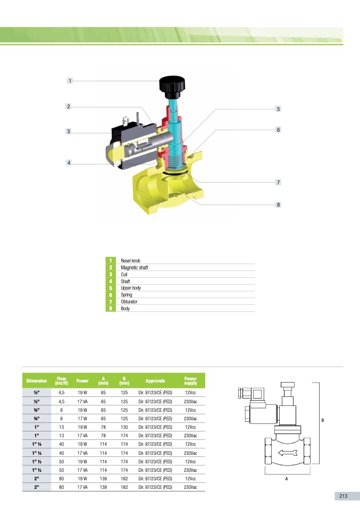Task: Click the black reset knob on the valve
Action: click(x=172, y=87)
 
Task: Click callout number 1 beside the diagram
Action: click(x=70, y=81)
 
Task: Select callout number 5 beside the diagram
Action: click(x=278, y=109)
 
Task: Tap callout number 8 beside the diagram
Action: click(x=278, y=205)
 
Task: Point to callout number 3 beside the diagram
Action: click(x=68, y=131)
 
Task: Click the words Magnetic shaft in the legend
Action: click(x=134, y=267)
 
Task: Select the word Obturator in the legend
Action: click(x=129, y=302)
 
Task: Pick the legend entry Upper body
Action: click(x=131, y=288)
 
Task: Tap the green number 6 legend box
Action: click(x=111, y=295)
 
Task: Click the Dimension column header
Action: click(x=36, y=381)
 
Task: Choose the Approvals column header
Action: click(x=155, y=381)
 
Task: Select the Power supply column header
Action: click(x=190, y=381)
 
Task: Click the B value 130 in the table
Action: click(x=124, y=427)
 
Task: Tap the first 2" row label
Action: click(x=36, y=479)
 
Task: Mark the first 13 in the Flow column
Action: click(x=61, y=427)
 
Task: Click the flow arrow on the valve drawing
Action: click(x=288, y=453)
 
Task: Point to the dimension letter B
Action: click(x=323, y=420)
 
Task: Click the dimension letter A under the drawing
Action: click(x=286, y=479)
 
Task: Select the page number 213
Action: click(x=344, y=496)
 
